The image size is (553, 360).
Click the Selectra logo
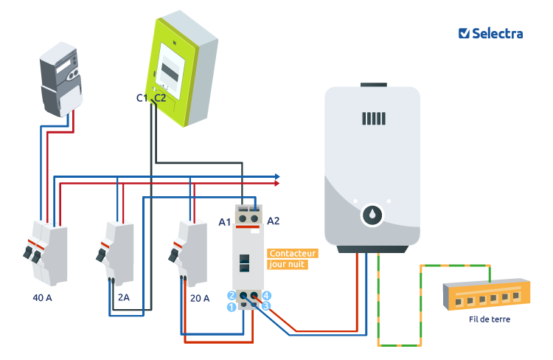[490, 33]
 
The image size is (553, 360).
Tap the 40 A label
[44, 298]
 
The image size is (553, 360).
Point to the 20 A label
[199, 298]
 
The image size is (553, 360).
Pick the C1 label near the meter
[142, 97]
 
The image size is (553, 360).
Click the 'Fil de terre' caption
[489, 319]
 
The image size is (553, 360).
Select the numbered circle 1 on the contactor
[231, 306]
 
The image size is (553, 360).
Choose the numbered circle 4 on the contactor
[267, 295]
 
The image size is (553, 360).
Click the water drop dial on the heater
[372, 215]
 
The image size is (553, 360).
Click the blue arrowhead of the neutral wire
[276, 177]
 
